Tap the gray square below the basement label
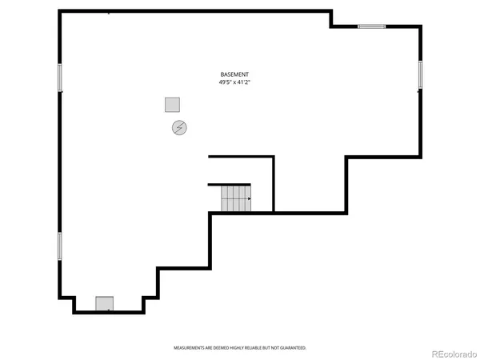point(171,104)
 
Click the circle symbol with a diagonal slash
point(179,127)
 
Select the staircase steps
point(235,198)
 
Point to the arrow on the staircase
point(249,198)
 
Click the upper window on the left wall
point(59,77)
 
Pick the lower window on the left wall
point(59,246)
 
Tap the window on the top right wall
point(371,26)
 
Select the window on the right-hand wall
point(420,74)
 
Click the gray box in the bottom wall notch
point(105,303)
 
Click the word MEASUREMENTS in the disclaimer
point(189,348)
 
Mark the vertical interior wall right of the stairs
point(274,184)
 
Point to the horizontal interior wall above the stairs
point(241,157)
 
